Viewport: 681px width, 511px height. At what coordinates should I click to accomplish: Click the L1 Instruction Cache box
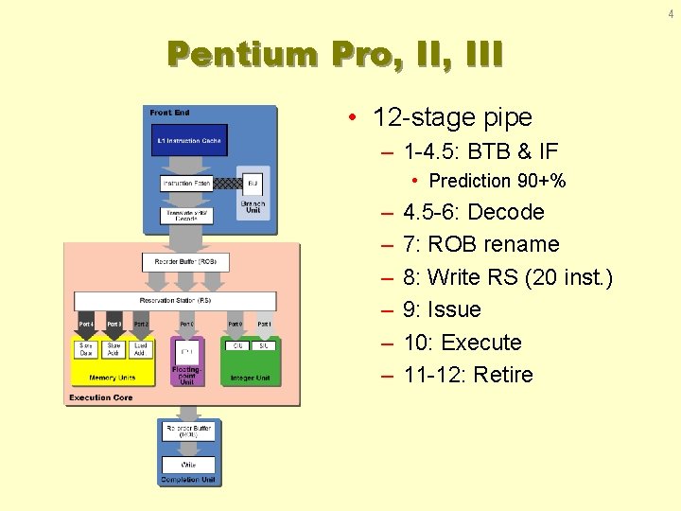pos(189,141)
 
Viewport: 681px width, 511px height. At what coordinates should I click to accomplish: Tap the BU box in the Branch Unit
pos(253,183)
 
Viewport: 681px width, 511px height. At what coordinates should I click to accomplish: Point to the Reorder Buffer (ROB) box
pos(185,260)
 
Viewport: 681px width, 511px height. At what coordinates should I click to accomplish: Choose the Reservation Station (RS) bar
pos(175,301)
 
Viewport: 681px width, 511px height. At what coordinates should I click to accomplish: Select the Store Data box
pos(86,350)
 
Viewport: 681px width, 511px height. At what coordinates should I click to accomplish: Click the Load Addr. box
pos(141,350)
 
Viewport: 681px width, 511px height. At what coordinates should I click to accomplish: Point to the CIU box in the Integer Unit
pos(236,347)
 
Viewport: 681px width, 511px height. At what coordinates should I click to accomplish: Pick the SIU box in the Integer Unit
pos(264,347)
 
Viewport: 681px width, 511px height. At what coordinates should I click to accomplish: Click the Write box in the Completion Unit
pos(187,465)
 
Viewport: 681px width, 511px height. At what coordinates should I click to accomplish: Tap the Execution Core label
pos(99,398)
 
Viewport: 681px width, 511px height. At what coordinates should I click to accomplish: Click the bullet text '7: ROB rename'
pos(480,244)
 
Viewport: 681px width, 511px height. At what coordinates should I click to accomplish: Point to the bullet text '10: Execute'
pos(462,343)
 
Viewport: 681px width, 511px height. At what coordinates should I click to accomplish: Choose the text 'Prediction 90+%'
pos(497,181)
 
